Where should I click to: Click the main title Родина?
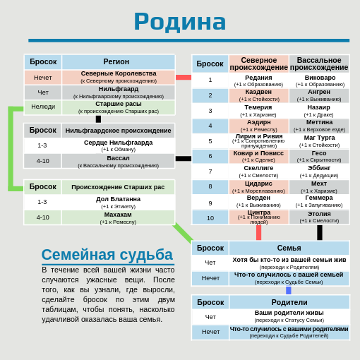click(x=179, y=21)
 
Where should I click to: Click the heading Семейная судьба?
click(x=107, y=255)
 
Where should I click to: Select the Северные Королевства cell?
click(x=118, y=77)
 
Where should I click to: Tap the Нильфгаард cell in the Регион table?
click(x=118, y=92)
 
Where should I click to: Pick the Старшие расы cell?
click(x=118, y=107)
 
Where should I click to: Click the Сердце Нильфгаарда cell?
click(x=118, y=145)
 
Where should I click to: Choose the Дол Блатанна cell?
click(x=118, y=202)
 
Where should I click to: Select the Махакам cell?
click(x=118, y=217)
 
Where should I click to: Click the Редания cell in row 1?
click(x=258, y=80)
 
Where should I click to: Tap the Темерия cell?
click(x=258, y=110)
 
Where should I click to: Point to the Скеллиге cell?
click(x=258, y=171)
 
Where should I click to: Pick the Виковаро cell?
click(x=319, y=80)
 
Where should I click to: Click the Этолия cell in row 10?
click(x=319, y=217)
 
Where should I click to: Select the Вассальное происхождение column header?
click(x=319, y=64)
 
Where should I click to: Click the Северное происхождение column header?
click(x=258, y=64)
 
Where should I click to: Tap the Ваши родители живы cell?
click(x=289, y=316)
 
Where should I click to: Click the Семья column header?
click(x=289, y=248)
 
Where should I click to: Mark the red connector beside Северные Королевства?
click(x=183, y=78)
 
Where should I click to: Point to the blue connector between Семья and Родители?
click(x=288, y=290)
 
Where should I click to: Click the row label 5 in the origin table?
click(x=210, y=141)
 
